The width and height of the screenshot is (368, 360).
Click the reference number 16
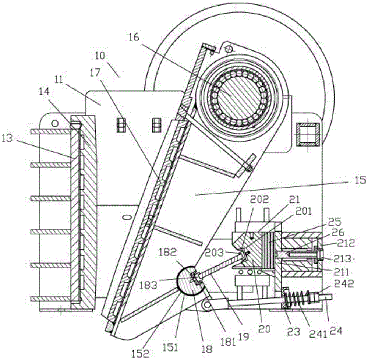[x=134, y=37]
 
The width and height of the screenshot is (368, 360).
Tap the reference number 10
[x=100, y=56]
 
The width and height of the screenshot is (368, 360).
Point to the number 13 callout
[x=7, y=138]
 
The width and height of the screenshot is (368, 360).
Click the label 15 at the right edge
[x=361, y=180]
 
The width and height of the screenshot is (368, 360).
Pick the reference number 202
[x=259, y=200]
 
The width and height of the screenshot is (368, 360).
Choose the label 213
[x=342, y=259]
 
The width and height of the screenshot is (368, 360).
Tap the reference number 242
[x=344, y=283]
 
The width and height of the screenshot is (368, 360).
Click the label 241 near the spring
[x=318, y=334]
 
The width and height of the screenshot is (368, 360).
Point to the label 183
[x=148, y=285]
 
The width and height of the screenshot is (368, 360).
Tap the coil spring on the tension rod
[x=297, y=298]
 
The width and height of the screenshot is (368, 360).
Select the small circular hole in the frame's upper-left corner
[x=55, y=123]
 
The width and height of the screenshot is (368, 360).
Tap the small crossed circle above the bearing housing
[x=229, y=49]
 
